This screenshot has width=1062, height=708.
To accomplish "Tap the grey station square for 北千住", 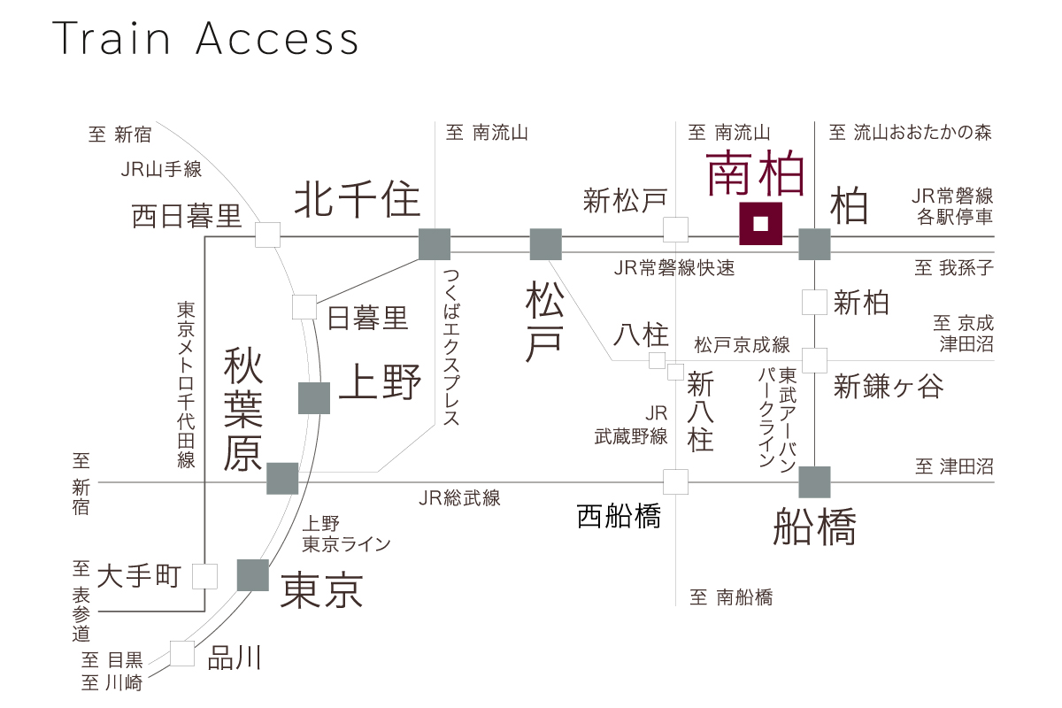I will click(x=434, y=244).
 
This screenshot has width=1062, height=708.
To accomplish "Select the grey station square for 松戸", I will click(x=545, y=244).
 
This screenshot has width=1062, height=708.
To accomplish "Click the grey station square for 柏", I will click(x=814, y=244).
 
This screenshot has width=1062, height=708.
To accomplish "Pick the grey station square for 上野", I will click(x=314, y=398).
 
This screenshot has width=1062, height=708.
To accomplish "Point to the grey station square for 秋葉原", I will click(x=282, y=478).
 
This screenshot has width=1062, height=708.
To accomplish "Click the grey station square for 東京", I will click(x=252, y=575).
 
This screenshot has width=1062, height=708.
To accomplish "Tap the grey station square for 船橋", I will click(x=814, y=481).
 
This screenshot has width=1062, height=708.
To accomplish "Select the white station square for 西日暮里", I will click(x=267, y=235).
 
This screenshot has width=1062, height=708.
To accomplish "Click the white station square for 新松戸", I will click(x=676, y=230).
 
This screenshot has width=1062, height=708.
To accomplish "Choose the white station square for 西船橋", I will click(x=676, y=481).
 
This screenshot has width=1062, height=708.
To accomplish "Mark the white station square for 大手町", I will click(x=205, y=577).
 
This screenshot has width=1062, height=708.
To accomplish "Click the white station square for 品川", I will click(x=182, y=654).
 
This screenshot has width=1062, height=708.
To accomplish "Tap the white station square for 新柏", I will click(x=814, y=303).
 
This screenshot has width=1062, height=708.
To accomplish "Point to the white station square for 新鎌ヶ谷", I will click(x=814, y=360).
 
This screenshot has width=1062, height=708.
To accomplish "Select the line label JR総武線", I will click(x=459, y=498).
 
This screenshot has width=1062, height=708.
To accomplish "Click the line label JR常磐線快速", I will click(x=674, y=268).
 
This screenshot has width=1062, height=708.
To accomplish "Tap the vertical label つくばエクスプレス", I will click(x=451, y=349).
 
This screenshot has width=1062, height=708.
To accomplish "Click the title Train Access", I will click(x=206, y=39).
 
